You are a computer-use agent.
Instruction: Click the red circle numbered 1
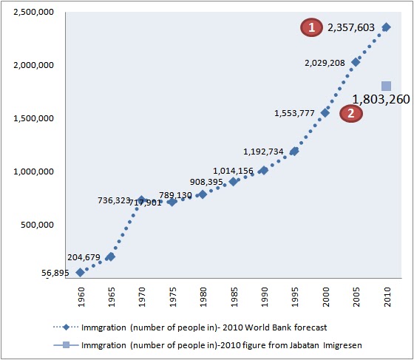click(x=312, y=27)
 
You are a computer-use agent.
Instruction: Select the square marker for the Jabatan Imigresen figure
click(x=386, y=86)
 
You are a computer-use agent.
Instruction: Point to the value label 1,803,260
click(x=380, y=99)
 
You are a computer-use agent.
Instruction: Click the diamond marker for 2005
click(x=356, y=62)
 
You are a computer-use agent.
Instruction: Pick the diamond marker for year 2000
click(x=325, y=112)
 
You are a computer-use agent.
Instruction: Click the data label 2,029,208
click(x=325, y=63)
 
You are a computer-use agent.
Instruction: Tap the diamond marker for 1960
click(x=80, y=272)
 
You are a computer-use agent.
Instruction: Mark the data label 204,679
click(x=87, y=257)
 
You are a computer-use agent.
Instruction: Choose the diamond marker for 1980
click(x=203, y=194)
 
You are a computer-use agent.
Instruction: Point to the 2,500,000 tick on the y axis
click(x=32, y=12)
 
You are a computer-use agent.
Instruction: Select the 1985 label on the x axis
click(x=234, y=301)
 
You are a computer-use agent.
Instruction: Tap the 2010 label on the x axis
click(x=387, y=301)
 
